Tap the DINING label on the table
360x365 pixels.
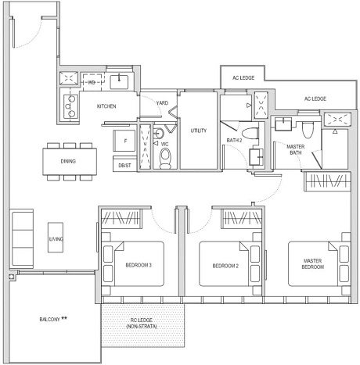tap(69, 162)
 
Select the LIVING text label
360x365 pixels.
tap(56, 238)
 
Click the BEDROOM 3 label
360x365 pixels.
tap(140, 266)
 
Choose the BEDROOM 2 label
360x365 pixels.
tap(225, 266)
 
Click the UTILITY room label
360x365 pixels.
tap(198, 131)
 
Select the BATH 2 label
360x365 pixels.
tap(235, 140)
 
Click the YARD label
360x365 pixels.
tap(162, 104)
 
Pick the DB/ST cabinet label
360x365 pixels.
tap(124, 165)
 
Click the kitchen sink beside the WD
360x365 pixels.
tap(123, 80)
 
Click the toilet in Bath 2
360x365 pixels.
tap(250, 134)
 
